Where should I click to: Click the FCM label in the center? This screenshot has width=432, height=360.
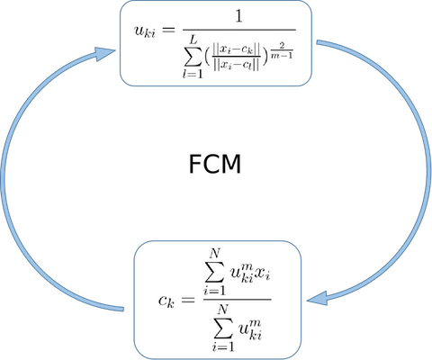(215, 164)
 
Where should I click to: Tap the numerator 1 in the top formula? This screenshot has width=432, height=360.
(238, 16)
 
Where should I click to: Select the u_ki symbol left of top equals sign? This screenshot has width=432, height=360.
(145, 31)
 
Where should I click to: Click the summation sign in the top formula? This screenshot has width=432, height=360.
(192, 56)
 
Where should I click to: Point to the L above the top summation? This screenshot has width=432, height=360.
(193, 39)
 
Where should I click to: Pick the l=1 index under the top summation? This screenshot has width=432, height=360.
(193, 74)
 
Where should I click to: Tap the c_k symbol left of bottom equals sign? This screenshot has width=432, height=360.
(166, 301)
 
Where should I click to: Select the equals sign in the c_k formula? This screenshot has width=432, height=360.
(188, 299)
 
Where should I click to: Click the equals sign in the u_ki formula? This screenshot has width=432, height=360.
(168, 30)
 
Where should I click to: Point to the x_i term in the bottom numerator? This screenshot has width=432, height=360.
(262, 274)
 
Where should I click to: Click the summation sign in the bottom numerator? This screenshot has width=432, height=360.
(215, 271)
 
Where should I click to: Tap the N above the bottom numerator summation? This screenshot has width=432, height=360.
(215, 254)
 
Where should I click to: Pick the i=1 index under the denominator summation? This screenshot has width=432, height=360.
(223, 346)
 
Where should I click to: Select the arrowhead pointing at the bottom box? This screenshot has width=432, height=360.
(317, 299)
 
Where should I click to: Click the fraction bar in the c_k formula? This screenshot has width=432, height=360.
(238, 299)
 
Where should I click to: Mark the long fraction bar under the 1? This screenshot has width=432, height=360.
(239, 30)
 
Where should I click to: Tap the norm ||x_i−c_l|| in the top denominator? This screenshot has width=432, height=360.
(236, 65)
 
